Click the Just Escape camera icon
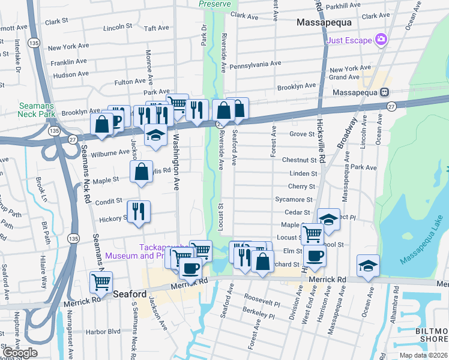(380, 40)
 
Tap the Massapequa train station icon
(384, 92)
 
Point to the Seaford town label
(129, 294)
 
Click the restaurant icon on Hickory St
(139, 211)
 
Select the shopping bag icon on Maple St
(141, 172)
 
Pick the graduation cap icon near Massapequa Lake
(368, 265)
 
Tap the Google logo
(20, 353)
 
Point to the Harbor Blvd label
(103, 331)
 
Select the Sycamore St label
(294, 199)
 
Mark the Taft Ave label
(157, 28)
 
